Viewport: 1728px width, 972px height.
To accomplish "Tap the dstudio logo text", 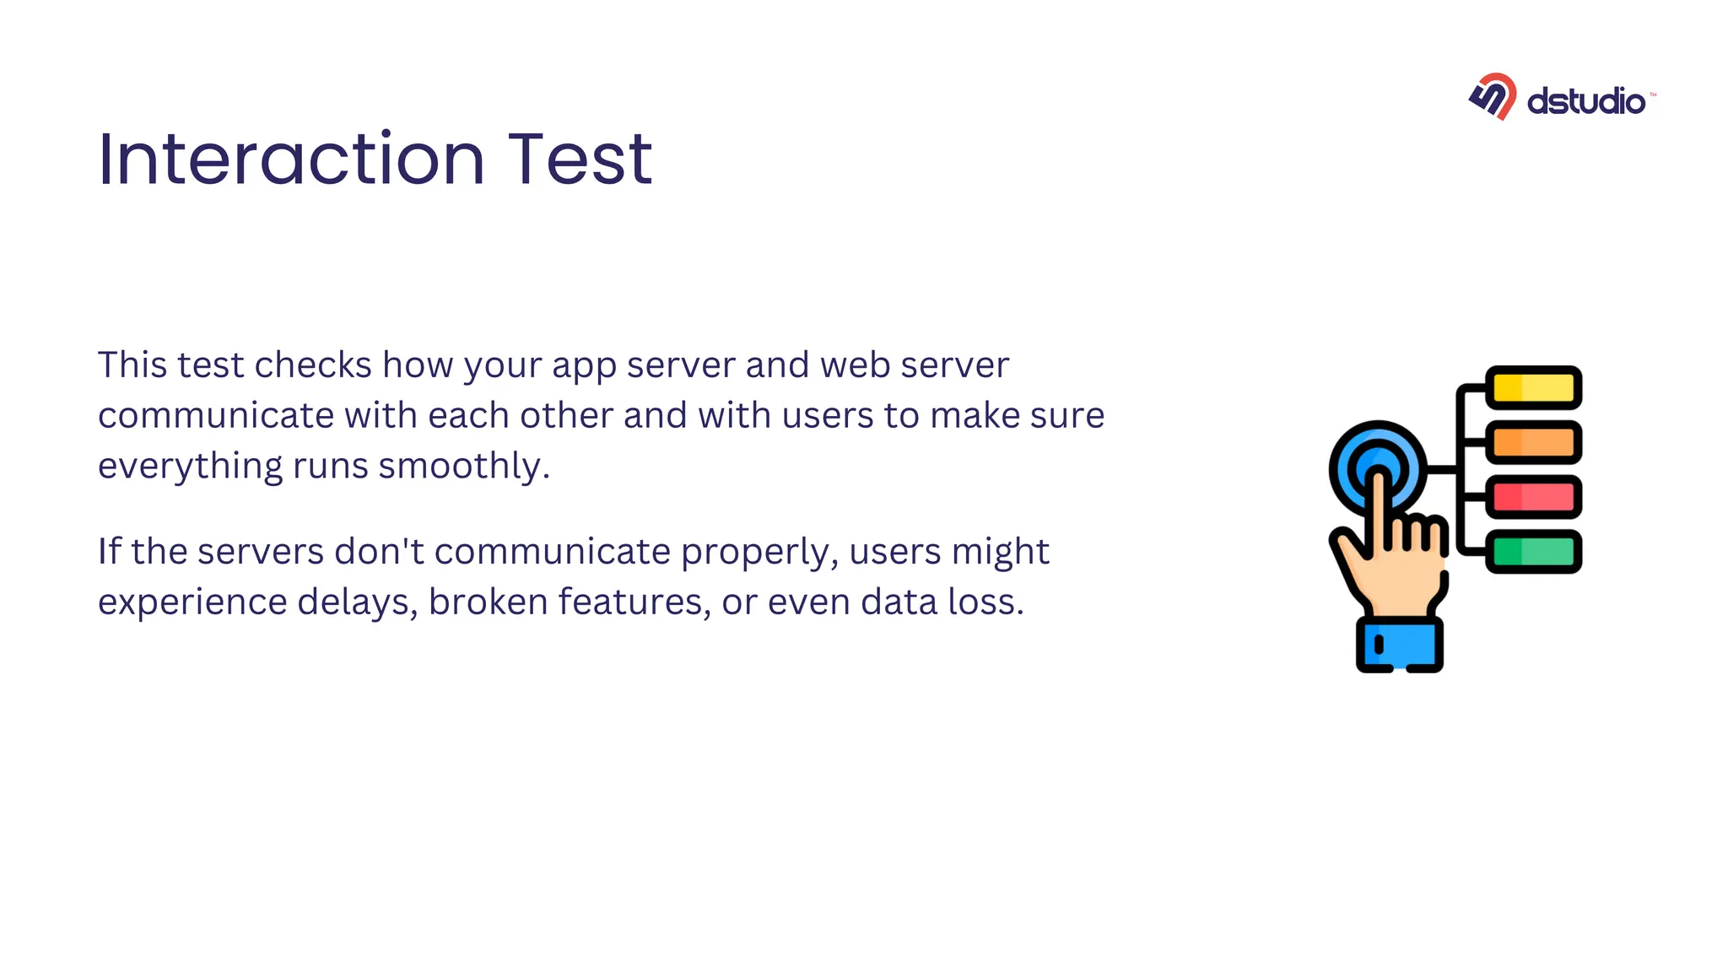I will click(1585, 101).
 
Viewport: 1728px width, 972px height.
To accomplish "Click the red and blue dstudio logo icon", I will click(1493, 96).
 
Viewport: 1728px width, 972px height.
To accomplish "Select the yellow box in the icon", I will click(1533, 388).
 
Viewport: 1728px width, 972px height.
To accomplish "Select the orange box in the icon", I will click(1533, 442).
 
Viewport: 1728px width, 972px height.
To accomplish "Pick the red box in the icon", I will click(1533, 497).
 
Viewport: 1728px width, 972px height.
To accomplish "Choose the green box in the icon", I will click(1533, 552).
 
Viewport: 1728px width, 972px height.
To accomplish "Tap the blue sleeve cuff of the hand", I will click(1400, 645).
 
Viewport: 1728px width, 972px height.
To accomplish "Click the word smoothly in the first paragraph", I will click(462, 467).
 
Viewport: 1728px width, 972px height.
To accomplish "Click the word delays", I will click(358, 602).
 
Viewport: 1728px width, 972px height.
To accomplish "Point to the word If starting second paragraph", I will click(109, 552).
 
